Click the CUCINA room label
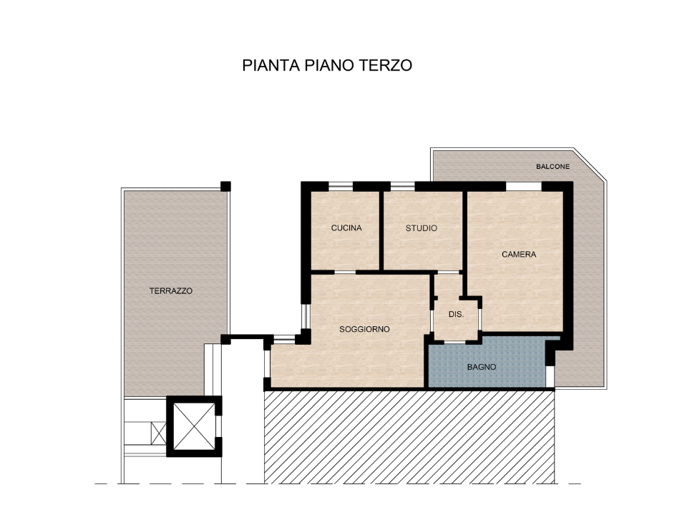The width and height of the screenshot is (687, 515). click(346, 228)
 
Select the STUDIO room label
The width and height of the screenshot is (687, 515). click(422, 228)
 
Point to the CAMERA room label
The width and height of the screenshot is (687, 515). click(519, 254)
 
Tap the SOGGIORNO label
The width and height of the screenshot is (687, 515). click(364, 329)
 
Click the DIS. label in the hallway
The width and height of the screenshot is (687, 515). click(456, 314)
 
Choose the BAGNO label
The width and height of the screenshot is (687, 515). click(482, 367)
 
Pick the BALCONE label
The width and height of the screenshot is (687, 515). click(553, 167)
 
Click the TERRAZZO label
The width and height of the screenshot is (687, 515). click(171, 291)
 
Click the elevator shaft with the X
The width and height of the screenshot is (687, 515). click(194, 426)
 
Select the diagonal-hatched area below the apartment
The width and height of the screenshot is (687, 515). click(408, 436)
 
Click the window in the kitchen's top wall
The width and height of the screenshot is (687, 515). click(341, 186)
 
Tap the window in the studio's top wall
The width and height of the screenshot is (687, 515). click(403, 186)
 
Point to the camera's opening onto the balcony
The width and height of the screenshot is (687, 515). click(525, 186)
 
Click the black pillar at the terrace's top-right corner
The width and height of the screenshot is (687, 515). click(225, 186)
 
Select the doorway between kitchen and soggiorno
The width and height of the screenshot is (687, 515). click(346, 272)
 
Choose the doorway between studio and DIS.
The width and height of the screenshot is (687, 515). click(449, 272)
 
